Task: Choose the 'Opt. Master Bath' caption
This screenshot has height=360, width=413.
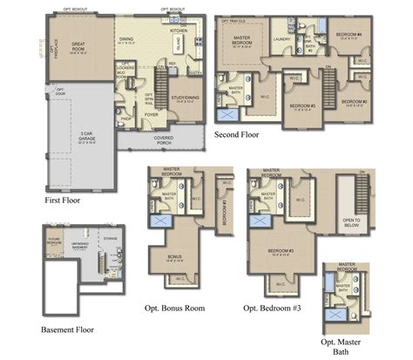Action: click(342, 346)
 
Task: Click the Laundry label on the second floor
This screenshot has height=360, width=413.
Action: click(281, 39)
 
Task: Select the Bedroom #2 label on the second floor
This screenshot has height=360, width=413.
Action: click(353, 103)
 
